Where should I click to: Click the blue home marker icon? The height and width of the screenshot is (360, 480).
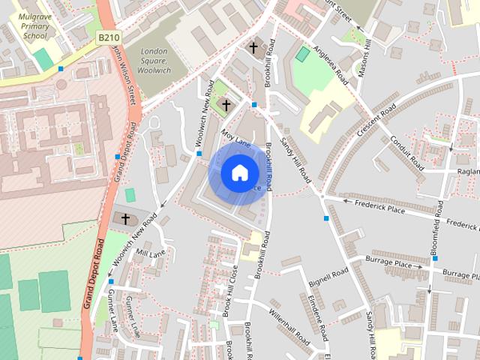point(239,172)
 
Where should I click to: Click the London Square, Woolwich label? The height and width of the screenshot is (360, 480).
point(155,60)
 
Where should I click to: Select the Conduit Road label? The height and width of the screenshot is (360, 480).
point(408,153)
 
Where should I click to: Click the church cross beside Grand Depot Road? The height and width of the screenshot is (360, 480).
point(125,219)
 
